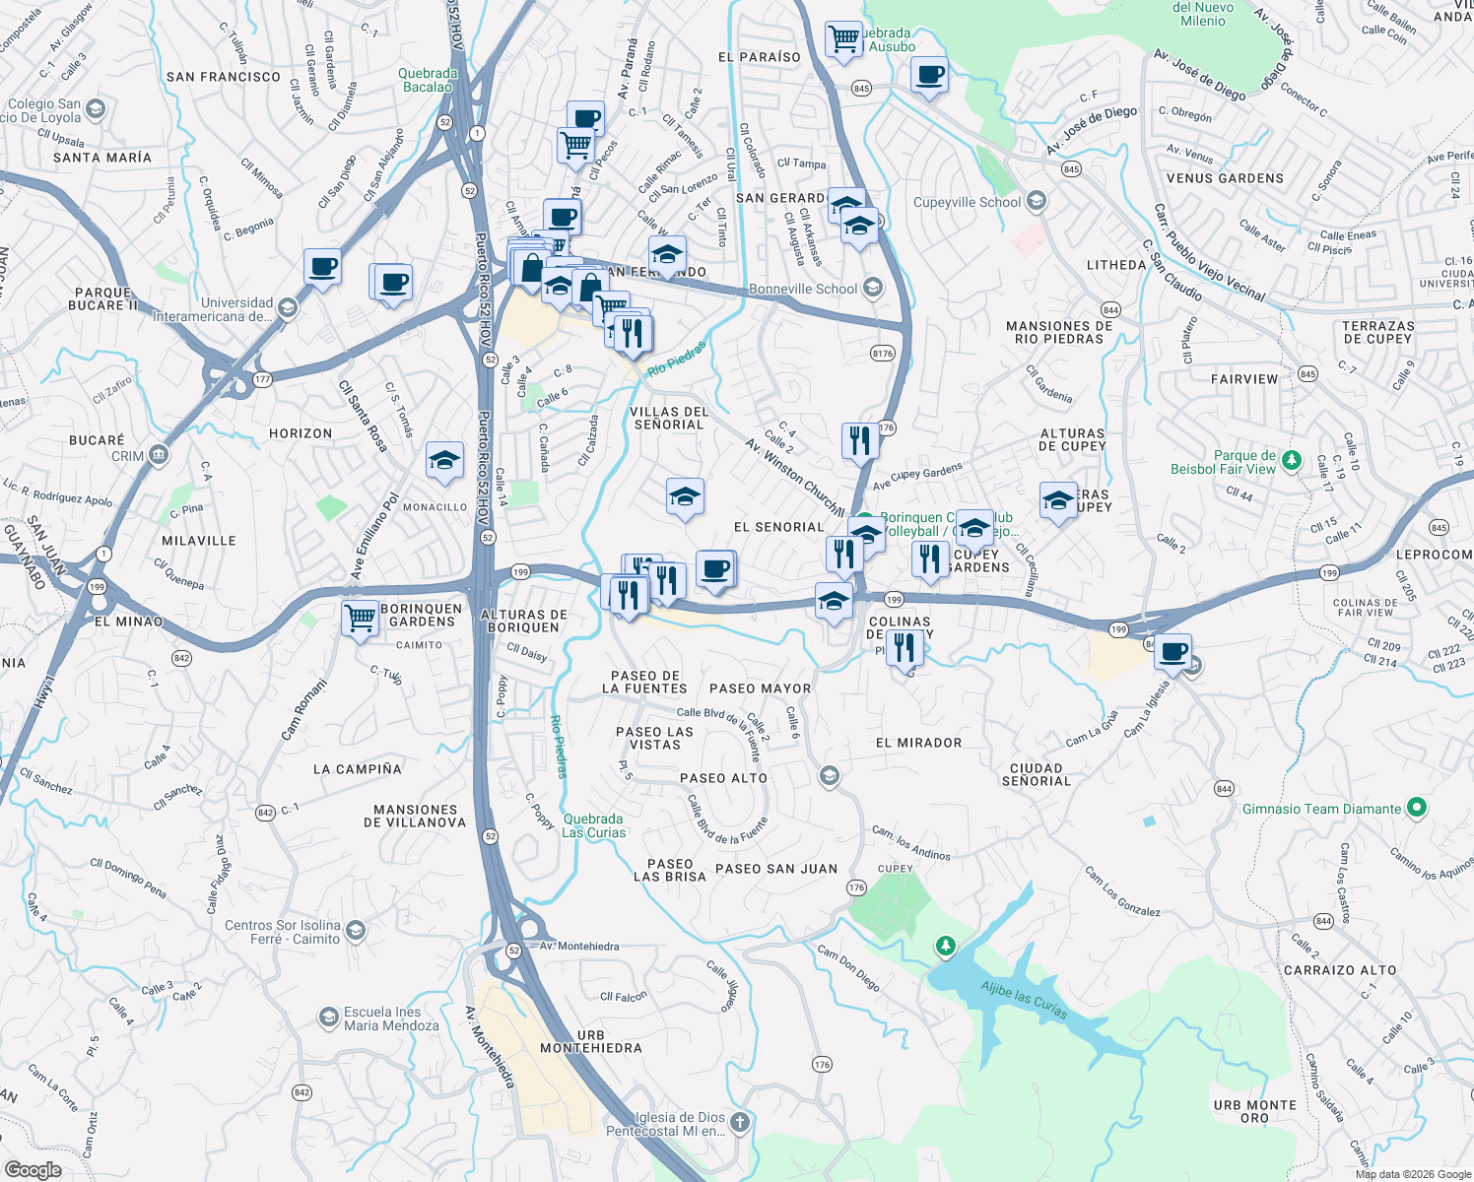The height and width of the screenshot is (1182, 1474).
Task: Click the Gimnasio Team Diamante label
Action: coord(1321,809)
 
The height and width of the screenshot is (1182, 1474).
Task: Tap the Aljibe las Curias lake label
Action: coord(1024,999)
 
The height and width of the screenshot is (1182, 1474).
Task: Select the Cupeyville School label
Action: coord(968,202)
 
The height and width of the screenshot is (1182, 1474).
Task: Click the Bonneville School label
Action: coord(803,289)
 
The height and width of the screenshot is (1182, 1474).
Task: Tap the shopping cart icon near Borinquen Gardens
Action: coord(360,619)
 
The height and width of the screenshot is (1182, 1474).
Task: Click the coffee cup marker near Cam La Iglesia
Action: coord(1173,651)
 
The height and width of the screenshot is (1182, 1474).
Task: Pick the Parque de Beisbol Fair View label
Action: coord(1223,462)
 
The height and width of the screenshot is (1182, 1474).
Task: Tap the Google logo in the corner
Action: coord(33,1169)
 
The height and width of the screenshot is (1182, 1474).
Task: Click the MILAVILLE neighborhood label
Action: coord(199,541)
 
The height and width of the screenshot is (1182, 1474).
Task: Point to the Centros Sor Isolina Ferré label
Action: coord(282,932)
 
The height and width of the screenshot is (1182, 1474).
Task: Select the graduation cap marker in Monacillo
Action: coord(444,460)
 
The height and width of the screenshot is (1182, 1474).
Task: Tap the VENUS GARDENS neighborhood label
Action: coord(1225,178)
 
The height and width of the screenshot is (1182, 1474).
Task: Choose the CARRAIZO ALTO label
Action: coord(1340,970)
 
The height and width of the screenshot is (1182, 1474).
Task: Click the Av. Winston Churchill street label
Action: coord(794,477)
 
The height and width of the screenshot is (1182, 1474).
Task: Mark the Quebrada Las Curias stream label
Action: coord(593,825)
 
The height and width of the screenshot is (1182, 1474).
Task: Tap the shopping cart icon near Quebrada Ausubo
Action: coord(843,39)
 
